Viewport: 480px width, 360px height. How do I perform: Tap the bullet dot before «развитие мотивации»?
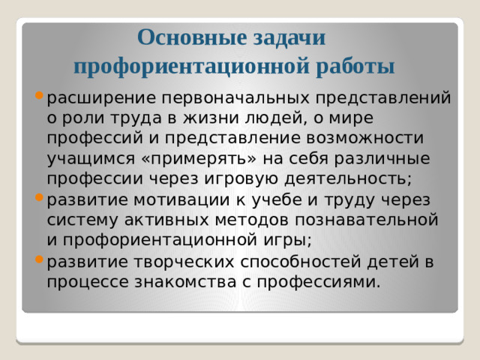coord(39,198)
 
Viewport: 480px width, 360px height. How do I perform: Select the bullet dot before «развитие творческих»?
coord(39,260)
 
